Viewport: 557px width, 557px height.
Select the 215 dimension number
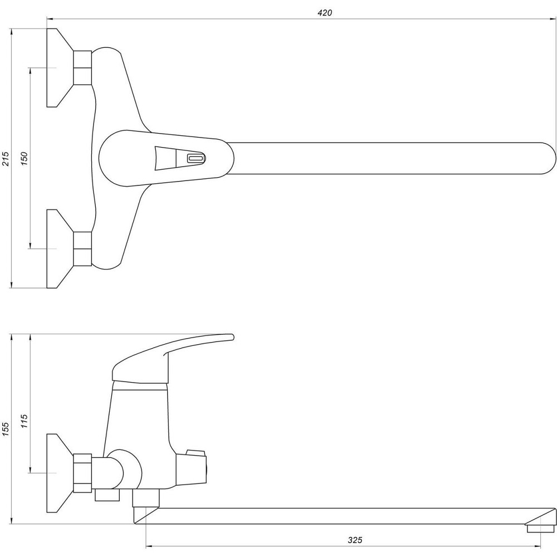coord(5,158)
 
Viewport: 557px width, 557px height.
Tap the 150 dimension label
coord(24,158)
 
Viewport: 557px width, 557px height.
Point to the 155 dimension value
coord(5,429)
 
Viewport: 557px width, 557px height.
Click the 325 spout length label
coord(355,540)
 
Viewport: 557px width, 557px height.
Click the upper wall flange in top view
coord(58,68)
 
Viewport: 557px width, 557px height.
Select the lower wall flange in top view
coord(58,248)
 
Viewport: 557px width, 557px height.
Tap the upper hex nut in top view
coord(82,68)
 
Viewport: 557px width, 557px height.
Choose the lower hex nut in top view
coord(82,248)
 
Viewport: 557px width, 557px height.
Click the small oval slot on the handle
coord(196,158)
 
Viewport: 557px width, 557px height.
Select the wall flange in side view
coord(58,473)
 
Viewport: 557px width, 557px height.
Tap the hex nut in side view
coord(82,473)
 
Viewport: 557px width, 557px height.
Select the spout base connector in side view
coord(146,498)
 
